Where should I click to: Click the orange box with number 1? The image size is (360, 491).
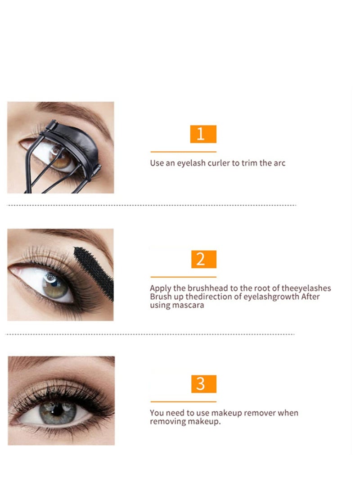pos(203,134)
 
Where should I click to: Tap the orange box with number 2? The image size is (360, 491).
pos(203,259)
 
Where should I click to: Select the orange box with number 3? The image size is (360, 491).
pos(203,384)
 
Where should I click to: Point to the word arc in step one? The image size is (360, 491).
pos(279,163)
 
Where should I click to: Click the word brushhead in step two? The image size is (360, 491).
pos(208,288)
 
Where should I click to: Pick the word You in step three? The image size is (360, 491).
pos(157,413)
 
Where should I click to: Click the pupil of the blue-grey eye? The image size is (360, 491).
pos(58,409)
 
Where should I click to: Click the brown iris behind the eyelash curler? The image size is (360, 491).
pos(62,159)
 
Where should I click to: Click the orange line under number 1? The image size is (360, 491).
pos(183,152)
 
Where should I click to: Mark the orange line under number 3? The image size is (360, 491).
pos(183,401)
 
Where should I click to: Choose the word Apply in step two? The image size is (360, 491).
pos(160,288)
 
